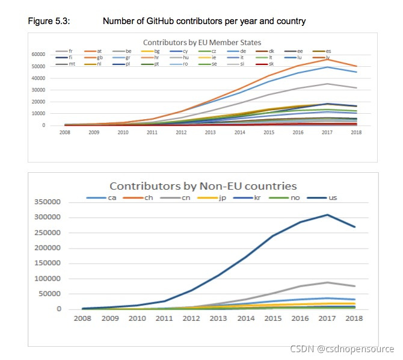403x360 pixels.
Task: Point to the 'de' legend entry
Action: click(236, 51)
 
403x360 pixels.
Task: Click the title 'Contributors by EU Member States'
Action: click(202, 42)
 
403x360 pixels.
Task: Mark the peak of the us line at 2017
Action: click(327, 214)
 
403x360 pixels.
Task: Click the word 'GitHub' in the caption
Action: click(159, 22)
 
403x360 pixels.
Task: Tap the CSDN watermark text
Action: click(342, 349)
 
